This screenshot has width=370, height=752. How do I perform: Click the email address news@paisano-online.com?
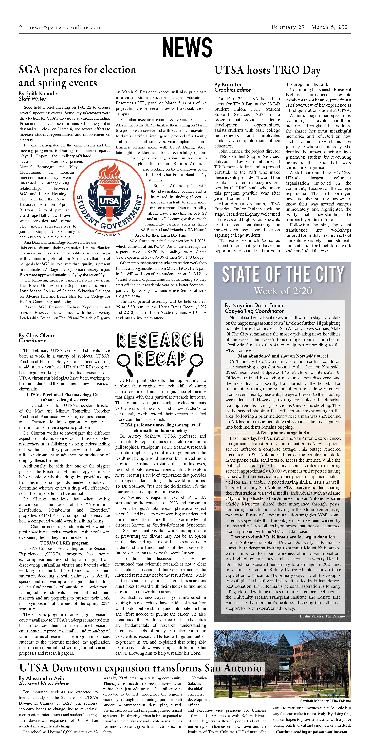coord(65,27)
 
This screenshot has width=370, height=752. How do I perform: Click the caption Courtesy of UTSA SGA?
coord(109,234)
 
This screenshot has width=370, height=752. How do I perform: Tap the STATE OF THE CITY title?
coord(283,274)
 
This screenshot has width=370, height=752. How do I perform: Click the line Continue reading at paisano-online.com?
coord(311,732)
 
